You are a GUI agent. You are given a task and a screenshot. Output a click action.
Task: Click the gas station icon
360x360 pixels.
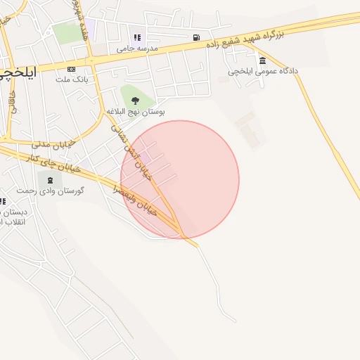pos(195,37)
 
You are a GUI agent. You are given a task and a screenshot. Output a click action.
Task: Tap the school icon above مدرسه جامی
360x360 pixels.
pos(137,37)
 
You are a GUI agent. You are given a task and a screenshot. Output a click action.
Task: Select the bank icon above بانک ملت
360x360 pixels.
pos(71,69)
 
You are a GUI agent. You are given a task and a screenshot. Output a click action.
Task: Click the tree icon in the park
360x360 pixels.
pos(135,101)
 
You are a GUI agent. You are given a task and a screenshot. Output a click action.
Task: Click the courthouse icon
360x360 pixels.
pos(262,60)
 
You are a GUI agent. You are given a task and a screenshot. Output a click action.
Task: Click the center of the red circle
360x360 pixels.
pos(180,179)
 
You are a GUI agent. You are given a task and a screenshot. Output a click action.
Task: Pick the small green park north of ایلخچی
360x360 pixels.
pos(68,32)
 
